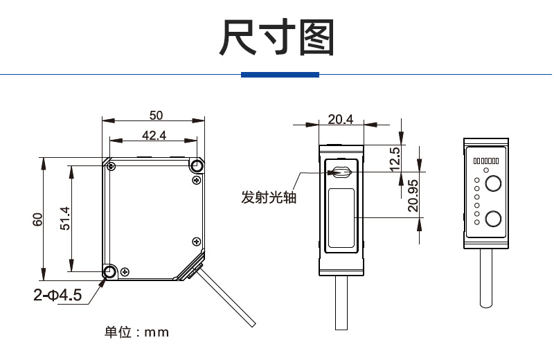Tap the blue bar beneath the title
(280, 75)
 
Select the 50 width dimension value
(156, 114)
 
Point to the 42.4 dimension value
(154, 135)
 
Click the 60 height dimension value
(38, 219)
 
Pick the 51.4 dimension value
(64, 219)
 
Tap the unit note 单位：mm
(136, 332)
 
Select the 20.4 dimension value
(340, 119)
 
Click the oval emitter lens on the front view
(341, 172)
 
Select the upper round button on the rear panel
(493, 183)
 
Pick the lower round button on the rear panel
(493, 219)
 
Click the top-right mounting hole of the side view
(197, 165)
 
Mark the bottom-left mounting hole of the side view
(109, 272)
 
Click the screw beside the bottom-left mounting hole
(124, 271)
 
